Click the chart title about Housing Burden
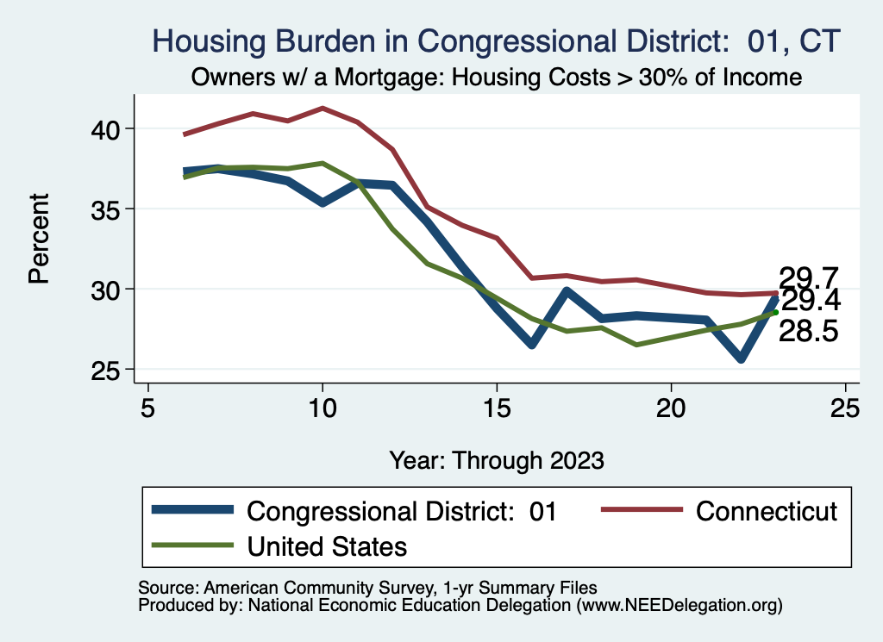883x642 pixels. click(496, 41)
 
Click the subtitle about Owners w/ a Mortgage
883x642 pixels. click(496, 78)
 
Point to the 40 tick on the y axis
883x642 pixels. click(111, 129)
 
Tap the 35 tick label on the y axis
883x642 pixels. click(111, 209)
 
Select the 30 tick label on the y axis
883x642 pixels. click(111, 289)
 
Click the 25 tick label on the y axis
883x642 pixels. click(111, 369)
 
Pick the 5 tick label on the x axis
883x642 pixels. click(148, 408)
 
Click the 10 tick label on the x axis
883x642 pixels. click(323, 408)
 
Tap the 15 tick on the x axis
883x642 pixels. click(497, 408)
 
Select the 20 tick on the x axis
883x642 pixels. click(671, 408)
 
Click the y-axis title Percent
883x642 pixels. click(38, 249)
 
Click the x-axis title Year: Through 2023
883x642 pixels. click(496, 459)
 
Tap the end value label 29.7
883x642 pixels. click(809, 278)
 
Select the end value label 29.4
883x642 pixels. click(809, 302)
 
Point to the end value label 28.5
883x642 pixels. click(809, 332)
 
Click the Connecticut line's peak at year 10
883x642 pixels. click(323, 109)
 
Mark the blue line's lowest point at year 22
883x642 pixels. click(741, 358)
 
